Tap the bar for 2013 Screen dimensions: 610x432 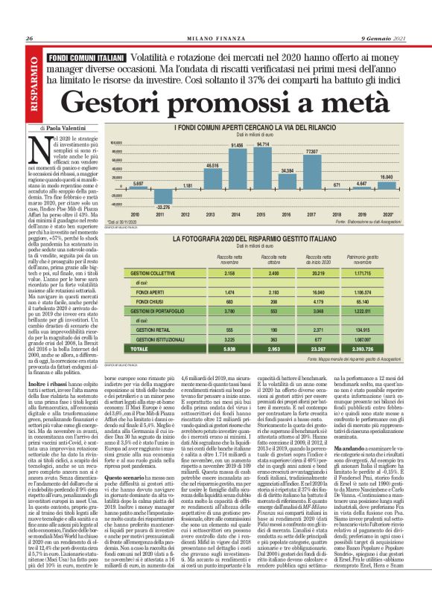(x=212, y=176)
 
